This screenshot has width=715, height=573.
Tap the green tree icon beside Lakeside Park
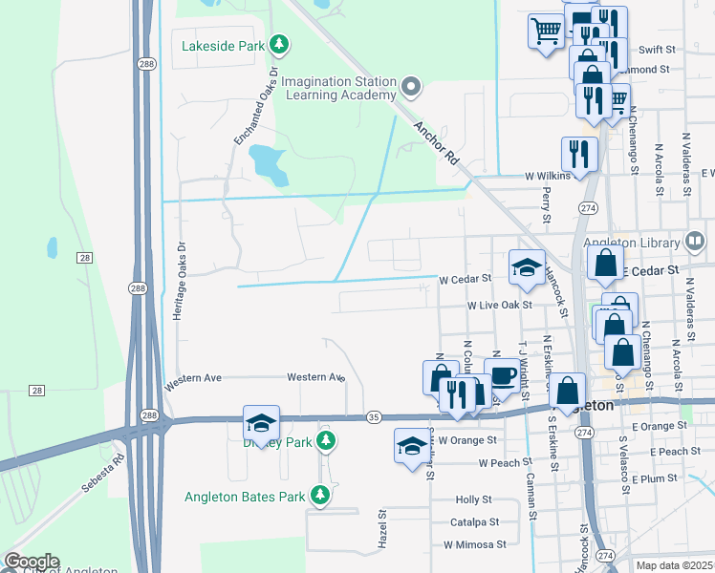click(x=279, y=44)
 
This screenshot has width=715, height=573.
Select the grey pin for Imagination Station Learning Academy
click(x=412, y=88)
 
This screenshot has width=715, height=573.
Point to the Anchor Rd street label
click(x=436, y=144)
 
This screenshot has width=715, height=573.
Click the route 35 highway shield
click(x=374, y=417)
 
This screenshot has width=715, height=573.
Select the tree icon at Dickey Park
click(x=327, y=440)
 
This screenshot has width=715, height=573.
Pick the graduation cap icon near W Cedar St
click(x=527, y=267)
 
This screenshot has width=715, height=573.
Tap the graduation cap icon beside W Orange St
click(x=412, y=446)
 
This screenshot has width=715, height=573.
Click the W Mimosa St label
click(x=474, y=544)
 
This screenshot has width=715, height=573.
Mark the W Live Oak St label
click(x=498, y=305)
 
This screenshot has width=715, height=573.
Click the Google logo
click(x=31, y=562)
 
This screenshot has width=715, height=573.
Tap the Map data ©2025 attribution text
click(x=674, y=565)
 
